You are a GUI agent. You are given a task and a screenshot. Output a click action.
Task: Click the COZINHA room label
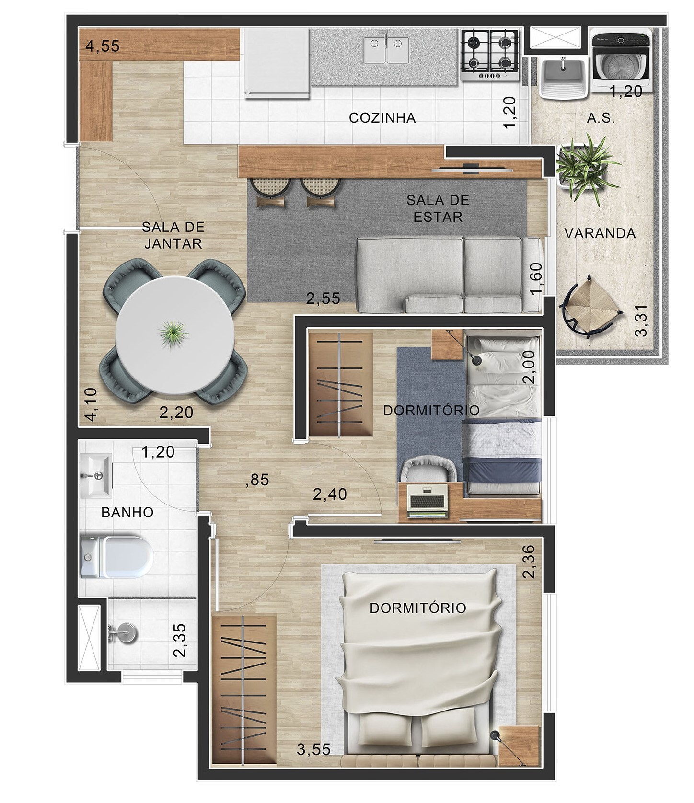click(x=382, y=117)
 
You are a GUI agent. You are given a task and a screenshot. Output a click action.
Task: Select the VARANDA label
click(x=600, y=233)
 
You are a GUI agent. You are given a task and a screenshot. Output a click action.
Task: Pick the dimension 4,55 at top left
click(x=102, y=46)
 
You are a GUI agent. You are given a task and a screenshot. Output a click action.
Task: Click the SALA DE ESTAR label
click(x=438, y=208)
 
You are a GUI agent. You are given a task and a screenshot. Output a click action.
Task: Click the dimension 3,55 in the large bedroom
click(x=313, y=749)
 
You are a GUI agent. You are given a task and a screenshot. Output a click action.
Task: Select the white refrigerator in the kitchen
click(x=277, y=62)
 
